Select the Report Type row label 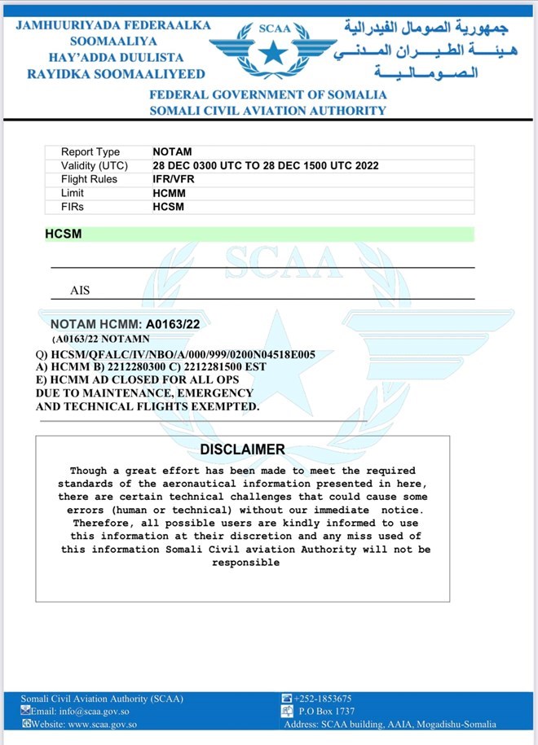pos(90,152)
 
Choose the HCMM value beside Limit pos(169,193)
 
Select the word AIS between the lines pos(81,290)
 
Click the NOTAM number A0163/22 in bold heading pos(173,323)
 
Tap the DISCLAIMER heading pos(242,449)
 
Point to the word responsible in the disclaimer pos(245,563)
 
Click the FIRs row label pos(73,207)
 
